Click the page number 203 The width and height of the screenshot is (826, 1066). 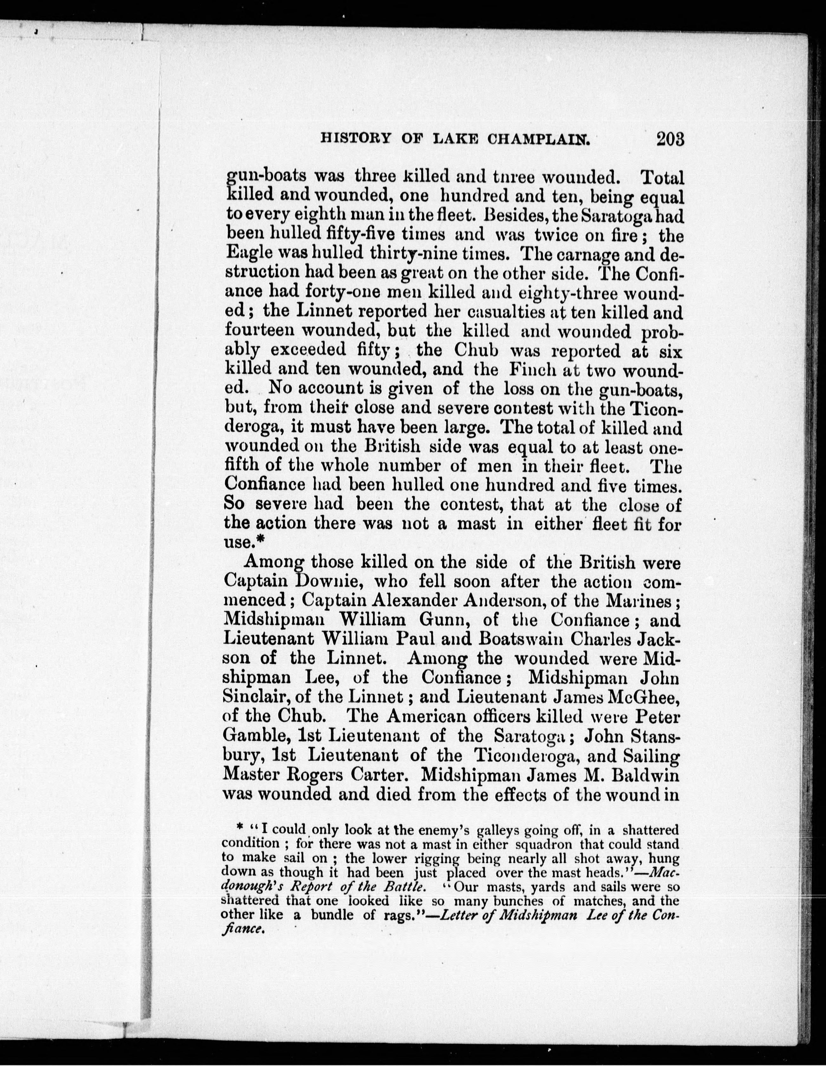point(670,139)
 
